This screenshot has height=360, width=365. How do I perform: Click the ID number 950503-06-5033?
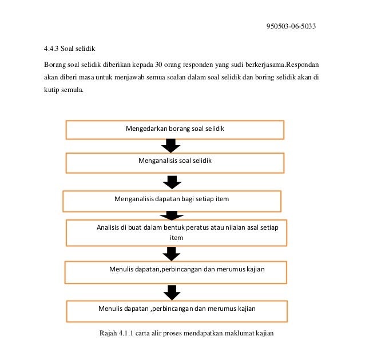coord(291,26)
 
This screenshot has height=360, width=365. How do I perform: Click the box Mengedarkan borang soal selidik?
coord(174,130)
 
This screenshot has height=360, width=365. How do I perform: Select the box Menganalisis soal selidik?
coord(174,162)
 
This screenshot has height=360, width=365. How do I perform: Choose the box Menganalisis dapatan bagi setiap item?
coord(172,201)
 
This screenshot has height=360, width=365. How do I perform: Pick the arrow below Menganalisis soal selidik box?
coord(171,182)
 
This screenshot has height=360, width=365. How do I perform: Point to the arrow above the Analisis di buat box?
coord(171,215)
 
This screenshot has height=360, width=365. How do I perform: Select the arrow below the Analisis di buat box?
coord(171,253)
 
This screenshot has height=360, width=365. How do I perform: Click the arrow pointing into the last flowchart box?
coord(171,293)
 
